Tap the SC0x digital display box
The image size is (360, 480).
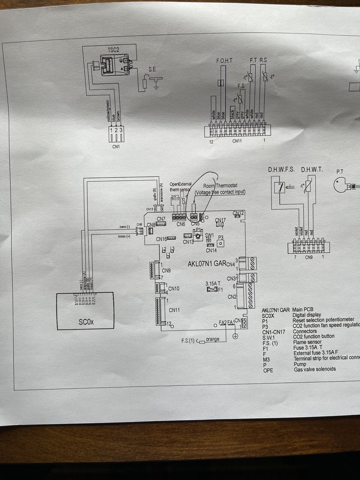(86, 312)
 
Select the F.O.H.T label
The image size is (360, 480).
(224, 61)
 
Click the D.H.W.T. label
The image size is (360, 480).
(312, 170)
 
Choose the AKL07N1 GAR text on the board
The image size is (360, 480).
(207, 264)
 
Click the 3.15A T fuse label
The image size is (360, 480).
(213, 283)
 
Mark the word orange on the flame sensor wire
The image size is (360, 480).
(212, 339)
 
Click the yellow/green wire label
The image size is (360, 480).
(108, 111)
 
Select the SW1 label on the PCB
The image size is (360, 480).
(209, 235)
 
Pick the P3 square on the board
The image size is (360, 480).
(220, 243)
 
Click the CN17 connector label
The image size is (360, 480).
(220, 220)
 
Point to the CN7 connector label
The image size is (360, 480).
(161, 219)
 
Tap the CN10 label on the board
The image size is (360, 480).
(174, 289)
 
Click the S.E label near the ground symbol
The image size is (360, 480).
(152, 69)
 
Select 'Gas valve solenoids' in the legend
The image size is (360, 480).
(315, 369)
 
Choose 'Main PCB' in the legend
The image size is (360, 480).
(303, 310)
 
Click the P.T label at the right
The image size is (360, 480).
(340, 172)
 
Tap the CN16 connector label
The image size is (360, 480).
(161, 239)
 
